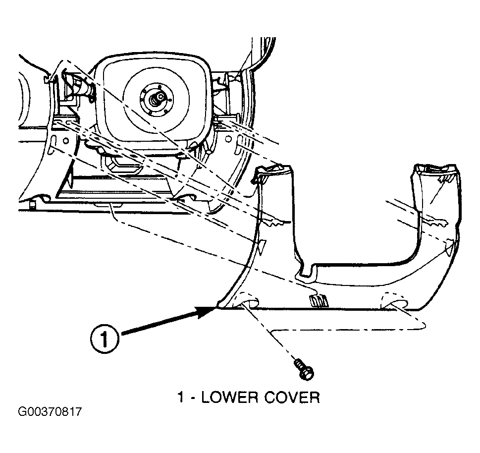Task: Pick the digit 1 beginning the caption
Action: (181, 397)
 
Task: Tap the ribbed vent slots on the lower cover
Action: (319, 301)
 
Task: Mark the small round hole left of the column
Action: (65, 141)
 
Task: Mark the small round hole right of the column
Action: (228, 139)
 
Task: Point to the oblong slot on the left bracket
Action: (53, 143)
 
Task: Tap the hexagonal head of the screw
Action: (307, 374)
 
